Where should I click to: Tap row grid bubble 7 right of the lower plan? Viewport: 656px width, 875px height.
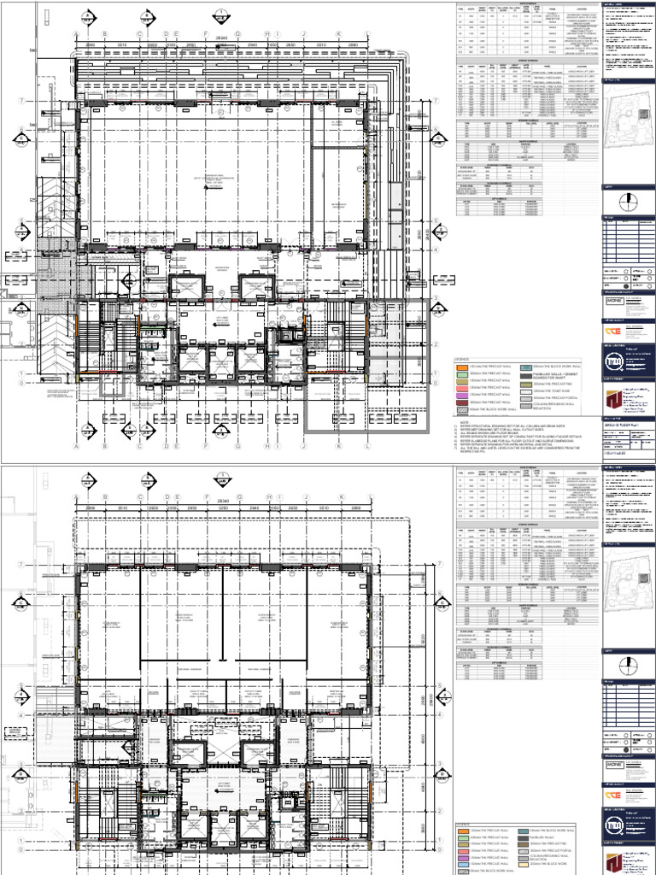click(441, 564)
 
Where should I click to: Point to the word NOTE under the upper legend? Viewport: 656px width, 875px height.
click(465, 421)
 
